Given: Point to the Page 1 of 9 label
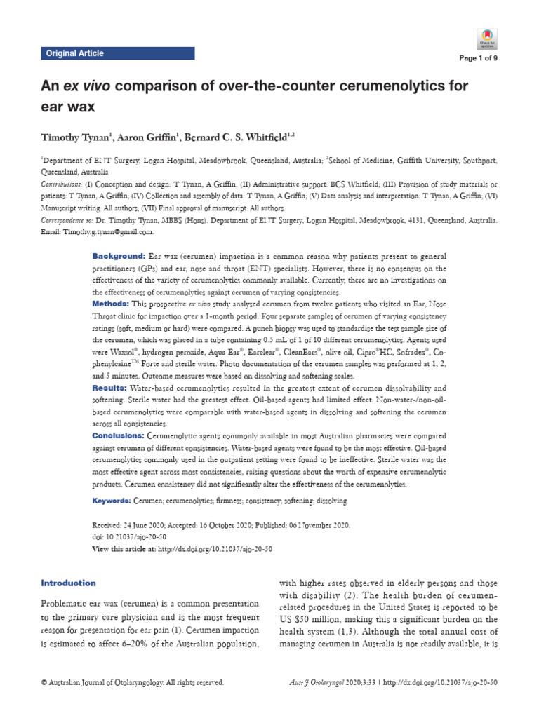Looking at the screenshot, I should tap(479, 60).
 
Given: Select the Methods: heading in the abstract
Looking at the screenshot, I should tap(112, 304).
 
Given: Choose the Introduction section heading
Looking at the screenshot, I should tap(69, 583).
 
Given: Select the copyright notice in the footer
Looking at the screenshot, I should tap(133, 682).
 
